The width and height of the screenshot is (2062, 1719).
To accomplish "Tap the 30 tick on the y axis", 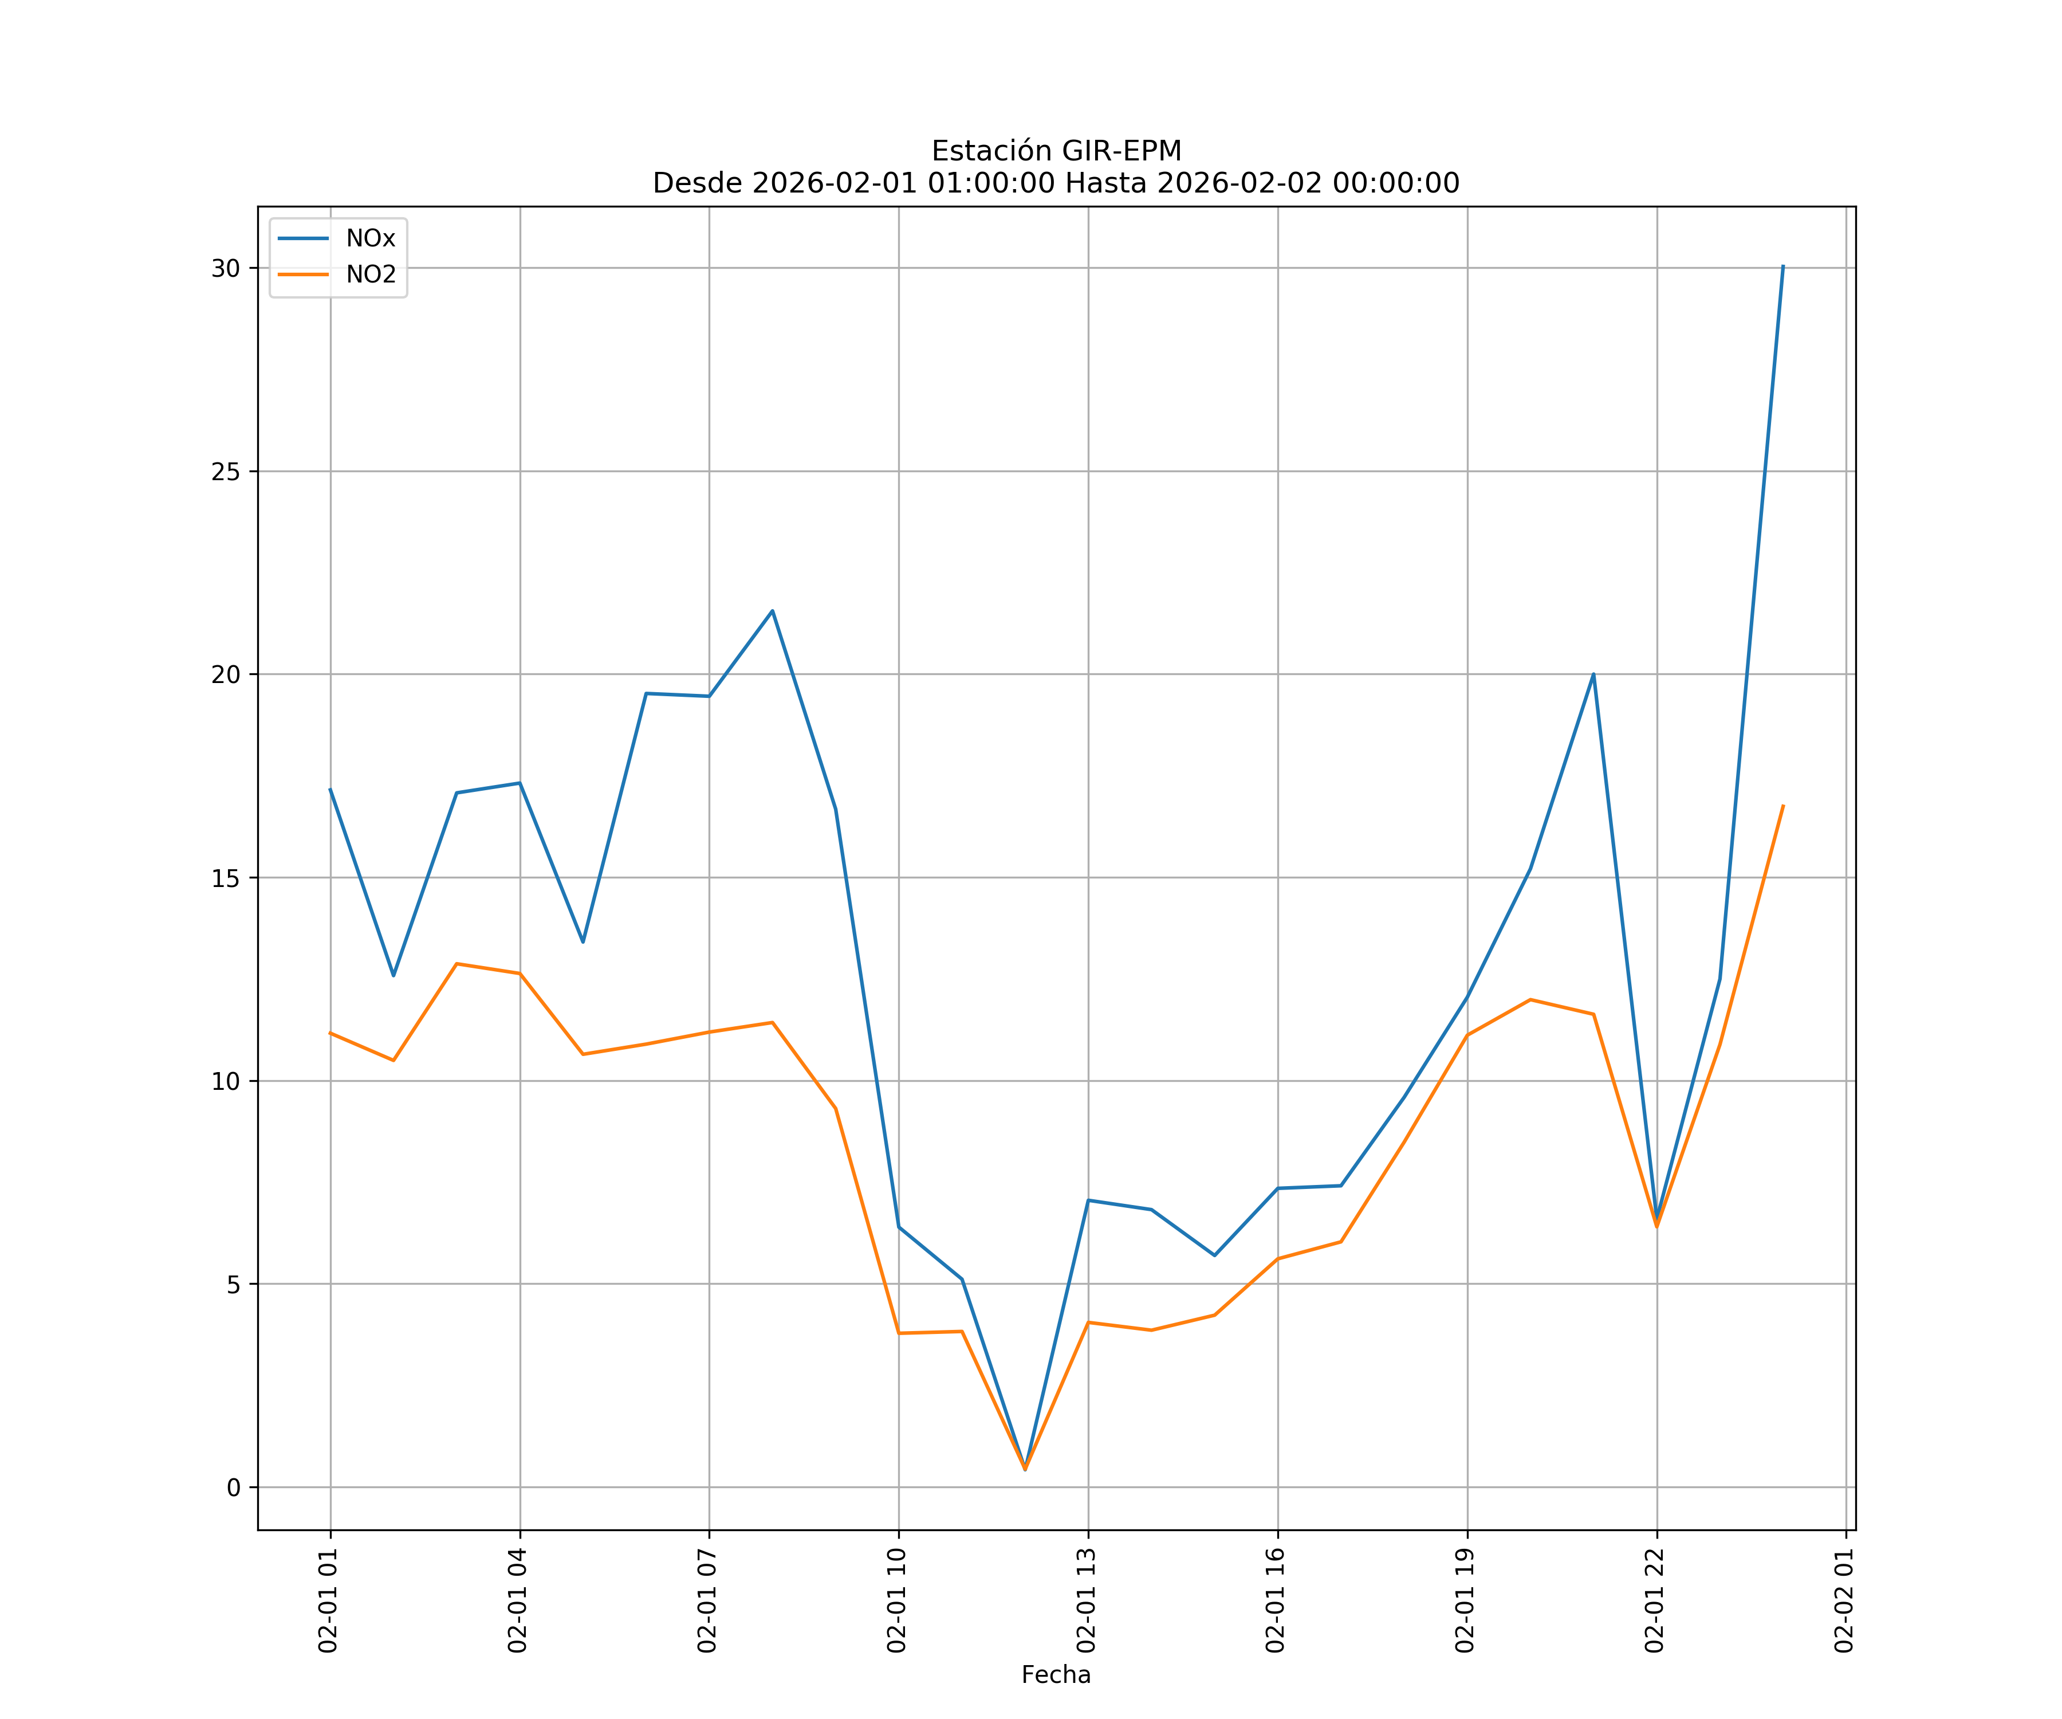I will tap(226, 268).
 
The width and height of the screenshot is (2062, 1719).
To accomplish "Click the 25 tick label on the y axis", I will tap(226, 472).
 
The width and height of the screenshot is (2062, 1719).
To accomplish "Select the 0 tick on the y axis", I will tap(234, 1488).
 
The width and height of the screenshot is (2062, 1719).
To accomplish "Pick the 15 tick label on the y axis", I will tap(226, 878).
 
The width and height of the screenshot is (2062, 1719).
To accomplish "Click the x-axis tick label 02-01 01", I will tap(329, 1600).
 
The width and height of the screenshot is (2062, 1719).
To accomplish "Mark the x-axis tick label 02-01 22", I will tap(1655, 1600).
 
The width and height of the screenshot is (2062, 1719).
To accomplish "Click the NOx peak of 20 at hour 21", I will tap(1593, 674).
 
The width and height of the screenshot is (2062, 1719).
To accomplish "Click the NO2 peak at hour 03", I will tap(457, 964).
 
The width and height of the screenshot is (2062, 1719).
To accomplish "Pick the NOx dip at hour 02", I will tap(393, 975).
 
